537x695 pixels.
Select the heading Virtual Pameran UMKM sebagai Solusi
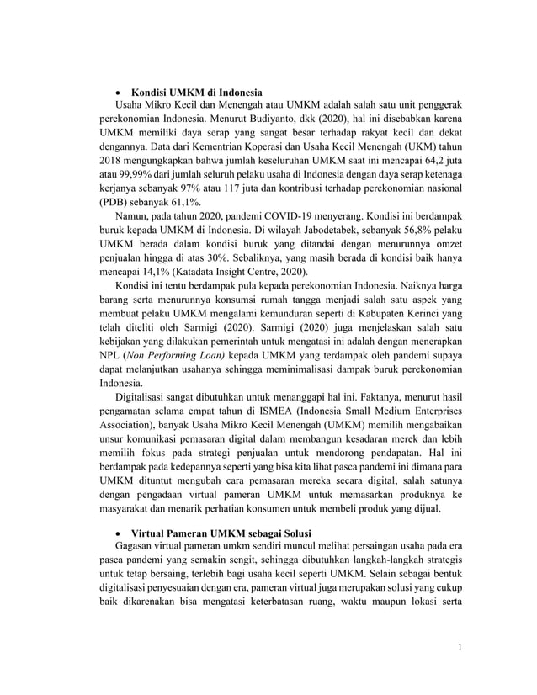pyautogui.click(x=221, y=534)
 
